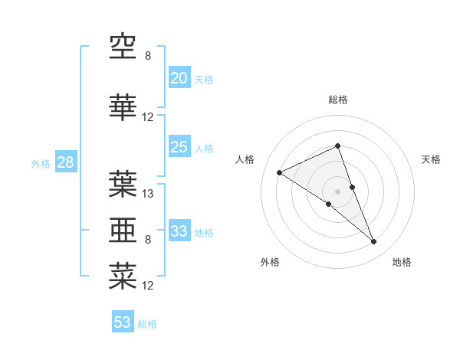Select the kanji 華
tap(123, 108)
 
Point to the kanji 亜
tap(123, 229)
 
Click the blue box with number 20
tap(179, 78)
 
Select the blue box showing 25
tap(179, 147)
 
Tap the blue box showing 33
tap(179, 231)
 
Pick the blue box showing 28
tap(64, 162)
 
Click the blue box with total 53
tap(123, 322)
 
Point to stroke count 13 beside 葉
tap(148, 194)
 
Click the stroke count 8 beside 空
tap(148, 56)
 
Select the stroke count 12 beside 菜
tap(148, 286)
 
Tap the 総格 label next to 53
tap(147, 324)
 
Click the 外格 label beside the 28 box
tap(41, 163)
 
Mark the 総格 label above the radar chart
tap(337, 100)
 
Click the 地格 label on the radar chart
tap(402, 263)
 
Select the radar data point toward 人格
tap(280, 172)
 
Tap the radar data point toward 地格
tap(374, 242)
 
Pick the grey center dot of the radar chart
tap(337, 191)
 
